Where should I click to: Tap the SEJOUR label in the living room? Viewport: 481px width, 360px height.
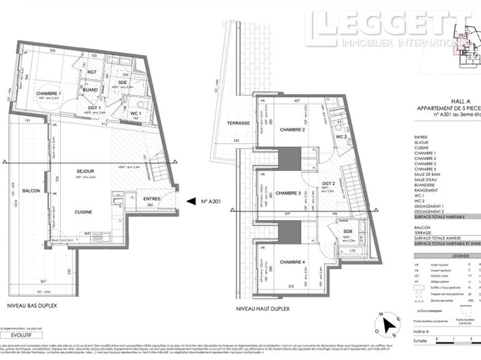(85, 170)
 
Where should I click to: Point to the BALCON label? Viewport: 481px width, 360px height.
(30, 191)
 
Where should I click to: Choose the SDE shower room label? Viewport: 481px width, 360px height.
(122, 82)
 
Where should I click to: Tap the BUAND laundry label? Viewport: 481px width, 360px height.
(91, 89)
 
